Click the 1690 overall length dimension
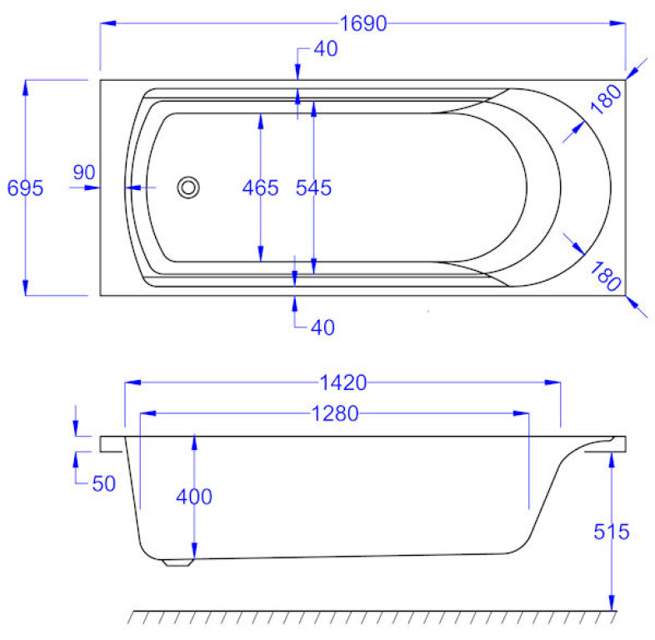[363, 23]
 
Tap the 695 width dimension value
[26, 188]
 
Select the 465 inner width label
[260, 188]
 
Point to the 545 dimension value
[313, 188]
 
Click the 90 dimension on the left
[84, 172]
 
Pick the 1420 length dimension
[343, 382]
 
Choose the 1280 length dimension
[335, 413]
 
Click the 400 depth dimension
[194, 497]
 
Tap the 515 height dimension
[612, 532]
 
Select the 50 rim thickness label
[103, 484]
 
